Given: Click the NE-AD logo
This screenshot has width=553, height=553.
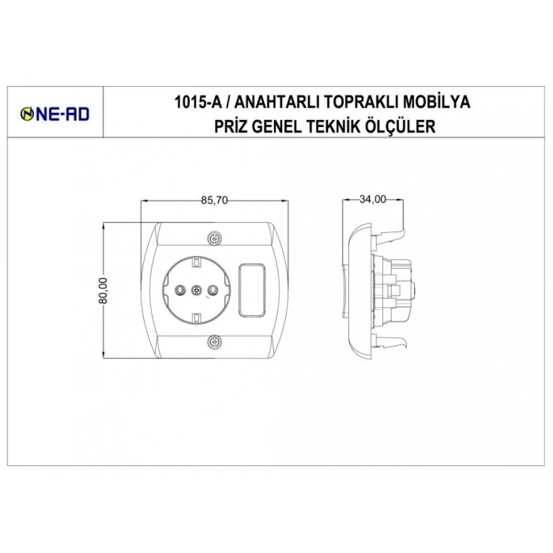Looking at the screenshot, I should coord(55,115).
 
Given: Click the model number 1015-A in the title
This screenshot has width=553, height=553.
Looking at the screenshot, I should coord(197,103).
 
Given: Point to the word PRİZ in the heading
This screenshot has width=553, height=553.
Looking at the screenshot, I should coord(231,126).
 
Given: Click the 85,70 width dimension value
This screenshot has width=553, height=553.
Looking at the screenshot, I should coord(214,201).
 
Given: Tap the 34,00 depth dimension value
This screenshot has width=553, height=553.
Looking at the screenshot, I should coord(371,200).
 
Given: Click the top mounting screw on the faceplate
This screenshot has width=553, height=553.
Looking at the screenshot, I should coord(214,238).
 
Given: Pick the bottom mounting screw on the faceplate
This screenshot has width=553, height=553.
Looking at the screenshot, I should coord(214,342).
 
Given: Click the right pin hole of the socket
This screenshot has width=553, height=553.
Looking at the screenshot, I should coord(211,290).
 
